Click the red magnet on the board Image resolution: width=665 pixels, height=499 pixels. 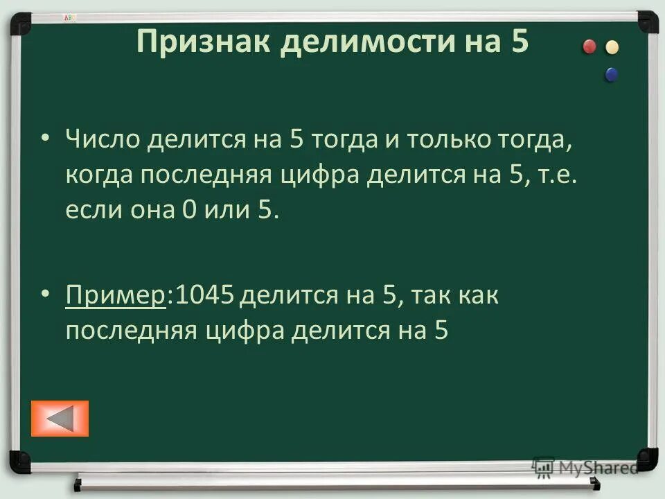589,46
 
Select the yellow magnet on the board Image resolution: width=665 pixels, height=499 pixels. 612,48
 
